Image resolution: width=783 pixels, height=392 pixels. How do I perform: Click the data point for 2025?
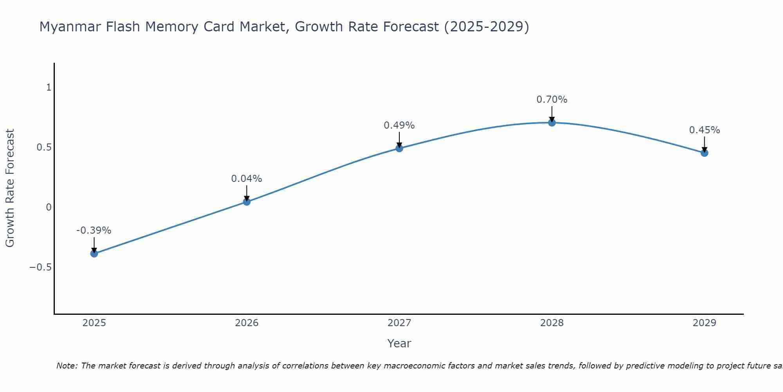tap(94, 254)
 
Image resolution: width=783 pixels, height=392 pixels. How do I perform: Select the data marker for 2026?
tap(247, 202)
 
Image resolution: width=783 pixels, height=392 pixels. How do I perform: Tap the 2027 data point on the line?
tap(399, 148)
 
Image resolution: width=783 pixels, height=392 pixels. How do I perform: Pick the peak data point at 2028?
tap(552, 123)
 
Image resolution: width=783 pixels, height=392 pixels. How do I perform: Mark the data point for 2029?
tap(704, 153)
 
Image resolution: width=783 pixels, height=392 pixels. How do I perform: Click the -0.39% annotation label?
tap(94, 230)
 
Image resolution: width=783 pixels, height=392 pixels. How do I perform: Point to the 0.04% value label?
tap(246, 179)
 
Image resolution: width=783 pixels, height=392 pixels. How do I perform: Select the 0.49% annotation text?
tap(399, 125)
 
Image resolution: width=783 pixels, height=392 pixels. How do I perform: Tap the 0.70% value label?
tap(552, 100)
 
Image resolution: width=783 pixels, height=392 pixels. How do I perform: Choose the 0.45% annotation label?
tap(704, 130)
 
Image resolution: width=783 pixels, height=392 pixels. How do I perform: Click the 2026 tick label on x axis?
tap(247, 323)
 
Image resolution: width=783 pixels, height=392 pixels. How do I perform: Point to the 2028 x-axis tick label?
tap(552, 323)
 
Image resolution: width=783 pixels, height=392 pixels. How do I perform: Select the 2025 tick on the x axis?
tap(94, 323)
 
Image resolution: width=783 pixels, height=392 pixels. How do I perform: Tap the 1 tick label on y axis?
tap(49, 87)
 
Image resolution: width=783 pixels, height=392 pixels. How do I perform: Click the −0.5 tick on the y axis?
tap(40, 267)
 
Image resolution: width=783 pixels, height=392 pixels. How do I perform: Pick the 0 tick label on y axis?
tap(49, 207)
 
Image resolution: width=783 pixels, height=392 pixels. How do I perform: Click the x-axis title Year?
tap(399, 344)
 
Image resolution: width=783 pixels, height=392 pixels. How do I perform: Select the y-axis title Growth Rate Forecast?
tap(10, 188)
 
